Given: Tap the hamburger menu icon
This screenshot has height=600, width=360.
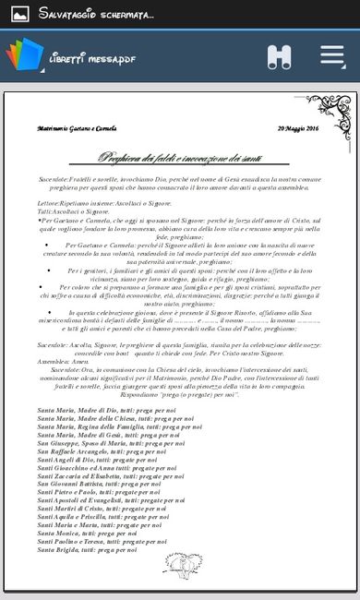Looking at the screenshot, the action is point(332,55).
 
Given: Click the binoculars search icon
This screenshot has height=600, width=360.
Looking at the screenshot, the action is point(280,56).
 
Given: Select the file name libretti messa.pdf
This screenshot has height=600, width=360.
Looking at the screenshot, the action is point(92,59).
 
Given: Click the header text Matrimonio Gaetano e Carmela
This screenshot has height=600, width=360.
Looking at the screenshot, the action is point(77,129).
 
